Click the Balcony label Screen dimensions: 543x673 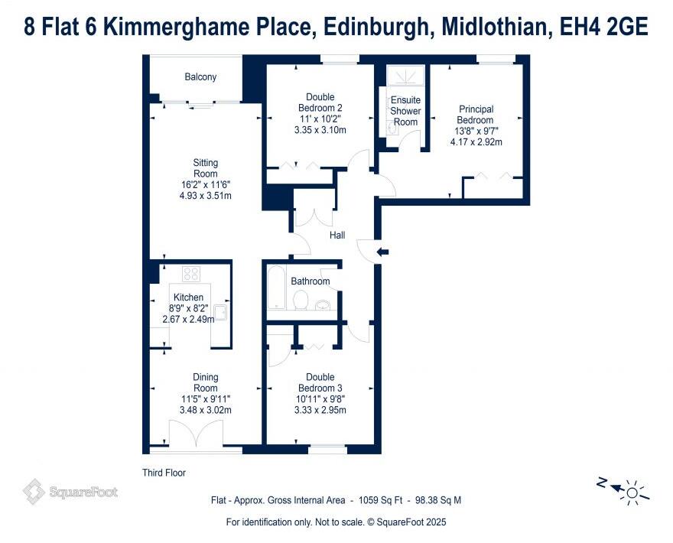point(200,77)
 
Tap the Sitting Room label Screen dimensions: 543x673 point(205,168)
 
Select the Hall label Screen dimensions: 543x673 point(337,236)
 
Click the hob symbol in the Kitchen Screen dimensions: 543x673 point(191,274)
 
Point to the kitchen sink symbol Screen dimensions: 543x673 point(220,311)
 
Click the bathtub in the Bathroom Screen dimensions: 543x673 point(278,290)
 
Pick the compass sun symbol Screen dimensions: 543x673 point(632,489)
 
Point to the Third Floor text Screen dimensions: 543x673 point(164,473)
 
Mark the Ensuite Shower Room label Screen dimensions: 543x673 point(405,111)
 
